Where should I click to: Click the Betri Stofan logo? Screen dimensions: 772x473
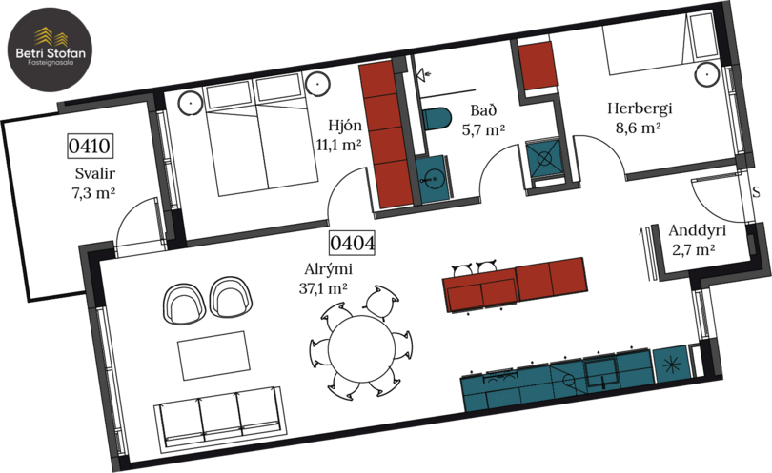[51, 49]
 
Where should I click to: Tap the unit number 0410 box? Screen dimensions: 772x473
[90, 146]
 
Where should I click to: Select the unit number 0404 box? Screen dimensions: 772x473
[352, 243]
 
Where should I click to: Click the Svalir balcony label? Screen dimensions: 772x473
[95, 173]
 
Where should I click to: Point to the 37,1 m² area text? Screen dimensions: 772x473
[323, 287]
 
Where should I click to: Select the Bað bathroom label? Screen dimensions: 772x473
[483, 110]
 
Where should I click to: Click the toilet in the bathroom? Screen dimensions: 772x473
[437, 119]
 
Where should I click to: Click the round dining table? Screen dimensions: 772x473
[361, 348]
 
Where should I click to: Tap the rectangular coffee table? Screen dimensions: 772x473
[213, 355]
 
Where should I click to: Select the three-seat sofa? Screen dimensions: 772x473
[218, 416]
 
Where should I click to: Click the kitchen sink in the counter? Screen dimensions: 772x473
[601, 373]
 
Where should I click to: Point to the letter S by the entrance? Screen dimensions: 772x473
[756, 191]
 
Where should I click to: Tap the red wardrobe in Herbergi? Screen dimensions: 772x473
[538, 66]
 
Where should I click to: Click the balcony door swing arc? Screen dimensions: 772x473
[129, 214]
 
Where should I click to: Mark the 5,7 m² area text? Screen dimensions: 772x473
[483, 129]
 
